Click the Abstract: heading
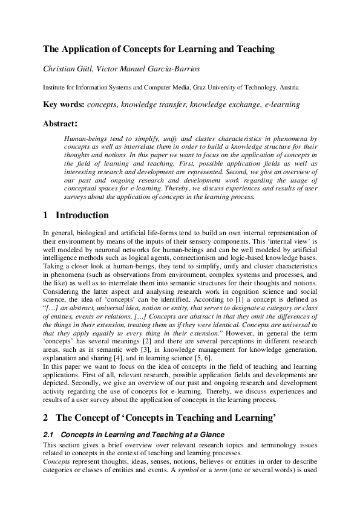tap(60, 124)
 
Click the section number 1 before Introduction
tap(46, 216)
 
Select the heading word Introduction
tap(82, 216)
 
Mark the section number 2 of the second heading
tap(46, 417)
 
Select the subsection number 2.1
tap(48, 435)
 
